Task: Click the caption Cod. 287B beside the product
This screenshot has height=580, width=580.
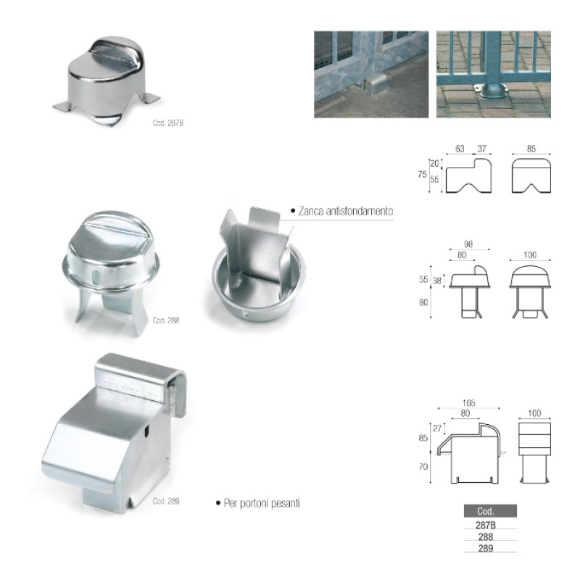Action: point(168,123)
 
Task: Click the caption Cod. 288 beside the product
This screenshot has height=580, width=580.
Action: point(166,320)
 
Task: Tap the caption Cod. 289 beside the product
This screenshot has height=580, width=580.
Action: point(166,501)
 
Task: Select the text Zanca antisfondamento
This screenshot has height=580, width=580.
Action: point(346,211)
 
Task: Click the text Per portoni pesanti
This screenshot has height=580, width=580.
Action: point(262,503)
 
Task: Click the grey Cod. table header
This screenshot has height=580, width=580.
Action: point(490,511)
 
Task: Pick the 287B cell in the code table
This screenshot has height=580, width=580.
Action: point(486,525)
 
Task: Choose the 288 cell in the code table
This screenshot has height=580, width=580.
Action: point(486,536)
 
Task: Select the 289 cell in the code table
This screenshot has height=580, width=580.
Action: point(486,548)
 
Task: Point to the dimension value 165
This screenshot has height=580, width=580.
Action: point(468,403)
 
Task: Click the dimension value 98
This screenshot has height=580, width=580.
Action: point(468,244)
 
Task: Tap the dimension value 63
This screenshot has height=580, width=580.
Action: point(460,149)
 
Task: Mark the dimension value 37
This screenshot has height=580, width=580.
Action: point(481,149)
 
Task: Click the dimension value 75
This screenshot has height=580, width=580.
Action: point(422,174)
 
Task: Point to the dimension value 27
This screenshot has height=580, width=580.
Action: point(437,428)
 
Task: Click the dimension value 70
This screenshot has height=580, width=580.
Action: point(423,467)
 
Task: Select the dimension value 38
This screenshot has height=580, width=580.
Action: point(437,281)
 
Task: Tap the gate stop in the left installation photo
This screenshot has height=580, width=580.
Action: point(375,83)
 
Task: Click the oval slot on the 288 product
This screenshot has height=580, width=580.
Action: point(96,277)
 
